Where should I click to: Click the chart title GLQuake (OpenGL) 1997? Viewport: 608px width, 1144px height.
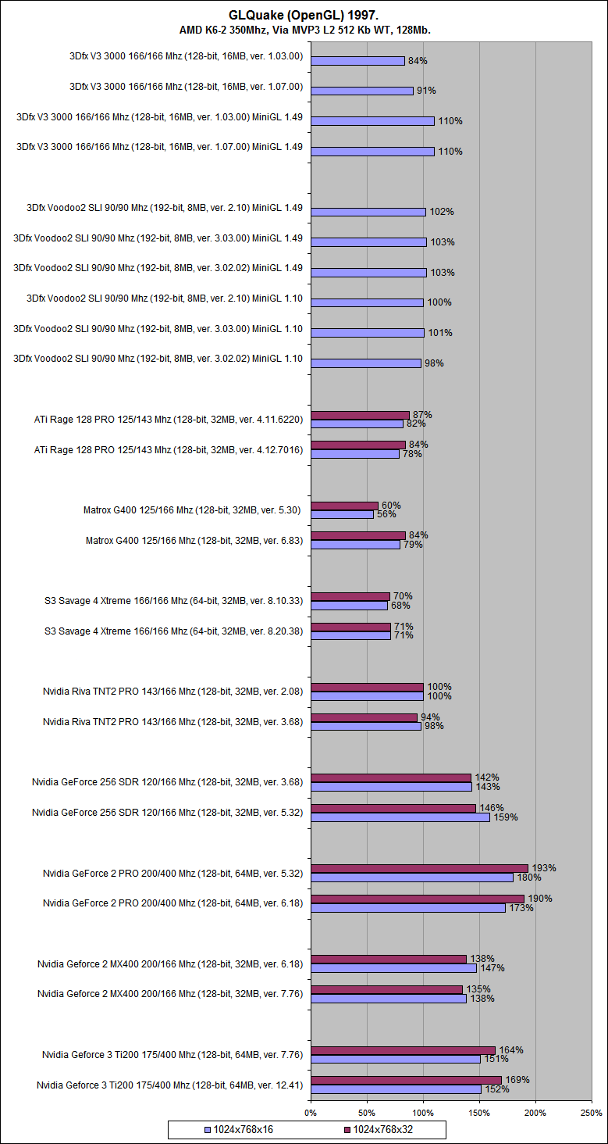304,15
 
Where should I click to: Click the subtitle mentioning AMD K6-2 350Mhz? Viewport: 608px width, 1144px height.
304,30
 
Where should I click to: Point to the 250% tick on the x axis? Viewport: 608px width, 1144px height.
592,1112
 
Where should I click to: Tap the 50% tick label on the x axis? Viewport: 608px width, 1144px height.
367,1112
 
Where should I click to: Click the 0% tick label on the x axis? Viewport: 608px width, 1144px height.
311,1112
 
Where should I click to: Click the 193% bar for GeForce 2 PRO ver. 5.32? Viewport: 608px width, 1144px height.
419,868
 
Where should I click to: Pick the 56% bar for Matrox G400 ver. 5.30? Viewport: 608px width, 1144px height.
342,514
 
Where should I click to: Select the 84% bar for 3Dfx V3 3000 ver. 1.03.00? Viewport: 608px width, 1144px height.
357,61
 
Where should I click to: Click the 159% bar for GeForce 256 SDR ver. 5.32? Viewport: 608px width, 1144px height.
400,817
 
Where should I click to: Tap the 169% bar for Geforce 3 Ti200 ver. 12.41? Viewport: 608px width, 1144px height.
406,1080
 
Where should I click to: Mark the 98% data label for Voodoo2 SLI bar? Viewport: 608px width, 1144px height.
433,363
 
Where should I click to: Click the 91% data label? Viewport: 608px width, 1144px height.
426,91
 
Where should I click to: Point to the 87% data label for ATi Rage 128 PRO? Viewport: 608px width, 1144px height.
422,415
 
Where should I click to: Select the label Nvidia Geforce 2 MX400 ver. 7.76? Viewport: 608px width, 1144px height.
170,994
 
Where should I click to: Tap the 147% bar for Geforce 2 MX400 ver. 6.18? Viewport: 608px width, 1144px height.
393,967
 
